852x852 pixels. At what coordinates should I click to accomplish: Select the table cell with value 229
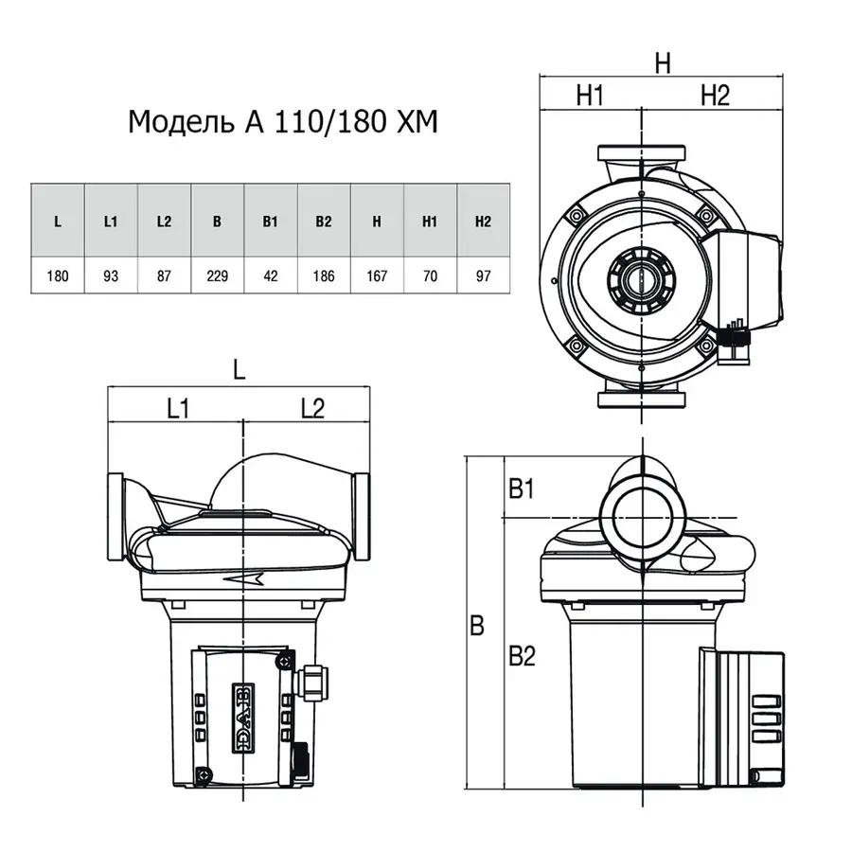[x=218, y=276]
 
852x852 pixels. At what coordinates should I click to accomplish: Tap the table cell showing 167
[x=377, y=276]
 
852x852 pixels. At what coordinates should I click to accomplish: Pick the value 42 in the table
[x=271, y=276]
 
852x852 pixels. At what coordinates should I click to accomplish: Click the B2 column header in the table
[x=324, y=222]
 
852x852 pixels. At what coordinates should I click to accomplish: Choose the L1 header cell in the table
[x=111, y=222]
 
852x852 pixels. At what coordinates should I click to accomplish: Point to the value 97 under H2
[x=484, y=276]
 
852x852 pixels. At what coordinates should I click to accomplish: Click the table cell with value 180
[x=58, y=276]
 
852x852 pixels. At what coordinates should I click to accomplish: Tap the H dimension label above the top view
[x=663, y=63]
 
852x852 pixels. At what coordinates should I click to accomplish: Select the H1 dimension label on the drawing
[x=590, y=96]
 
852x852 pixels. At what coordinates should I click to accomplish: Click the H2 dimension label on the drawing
[x=715, y=96]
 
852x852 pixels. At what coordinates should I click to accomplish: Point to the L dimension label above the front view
[x=240, y=370]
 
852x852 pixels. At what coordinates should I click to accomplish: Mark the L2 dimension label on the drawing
[x=313, y=408]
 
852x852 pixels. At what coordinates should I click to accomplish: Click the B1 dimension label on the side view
[x=522, y=488]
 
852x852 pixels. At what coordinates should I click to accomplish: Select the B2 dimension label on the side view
[x=523, y=656]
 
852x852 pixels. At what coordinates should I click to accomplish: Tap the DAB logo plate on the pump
[x=243, y=718]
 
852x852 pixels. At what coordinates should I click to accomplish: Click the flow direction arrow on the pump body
[x=244, y=579]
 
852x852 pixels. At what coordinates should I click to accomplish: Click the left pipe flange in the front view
[x=115, y=516]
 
